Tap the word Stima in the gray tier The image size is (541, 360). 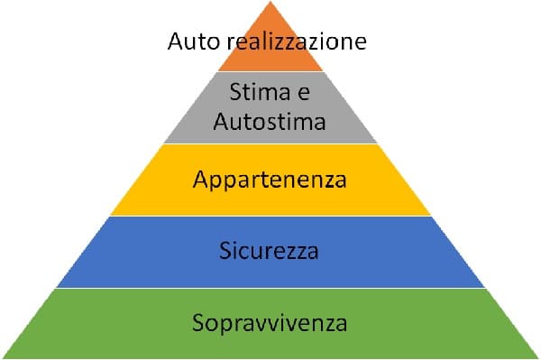255,92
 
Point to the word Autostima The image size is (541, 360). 270,121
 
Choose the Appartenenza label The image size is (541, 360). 270,180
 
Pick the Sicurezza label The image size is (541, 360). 270,250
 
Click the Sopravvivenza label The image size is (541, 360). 270,321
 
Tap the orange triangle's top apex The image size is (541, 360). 270,3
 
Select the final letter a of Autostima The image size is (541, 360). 319,122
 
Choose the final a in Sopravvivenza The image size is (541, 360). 341,322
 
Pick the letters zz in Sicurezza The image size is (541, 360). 298,252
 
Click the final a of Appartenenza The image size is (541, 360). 340,180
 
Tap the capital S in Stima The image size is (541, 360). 235,92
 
